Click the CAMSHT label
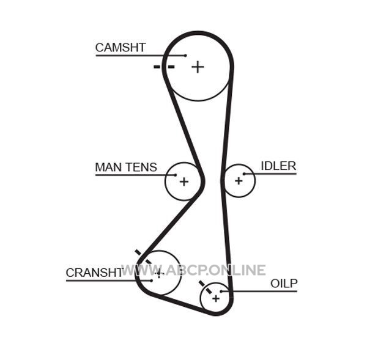[120, 48]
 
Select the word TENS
[141, 167]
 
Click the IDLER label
[278, 166]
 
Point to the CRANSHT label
[94, 273]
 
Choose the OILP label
[284, 284]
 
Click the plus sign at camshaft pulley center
[198, 67]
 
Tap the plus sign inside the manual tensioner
[184, 182]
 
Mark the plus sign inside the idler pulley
[239, 181]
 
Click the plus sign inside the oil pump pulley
[216, 298]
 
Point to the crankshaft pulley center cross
[159, 273]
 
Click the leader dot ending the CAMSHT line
[185, 56]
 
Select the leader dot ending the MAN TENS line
[176, 175]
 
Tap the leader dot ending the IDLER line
[244, 174]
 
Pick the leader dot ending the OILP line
[221, 291]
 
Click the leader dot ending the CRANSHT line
[152, 281]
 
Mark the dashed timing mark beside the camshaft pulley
[164, 67]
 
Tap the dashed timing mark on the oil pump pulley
[206, 287]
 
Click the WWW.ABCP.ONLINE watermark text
[193, 270]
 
